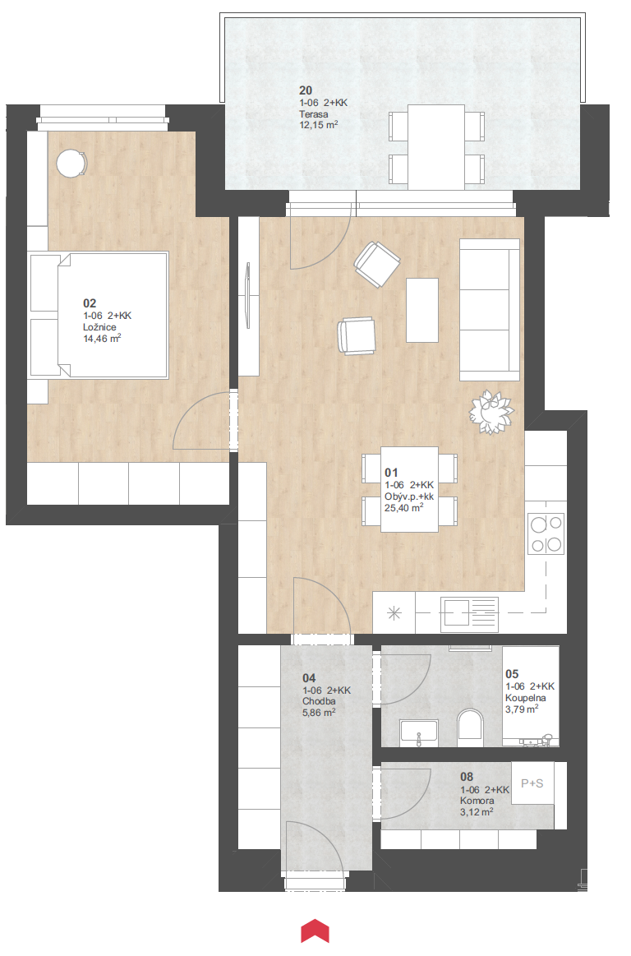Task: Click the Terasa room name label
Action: pos(313,114)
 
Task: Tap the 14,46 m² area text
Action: pos(102,338)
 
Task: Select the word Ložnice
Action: pos(99,327)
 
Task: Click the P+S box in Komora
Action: pos(532,783)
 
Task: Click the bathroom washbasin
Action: pos(419,732)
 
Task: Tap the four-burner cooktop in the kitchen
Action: pos(546,533)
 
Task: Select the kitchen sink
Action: pos(469,613)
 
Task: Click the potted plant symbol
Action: pos(491,412)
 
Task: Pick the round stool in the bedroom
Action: pos(71,164)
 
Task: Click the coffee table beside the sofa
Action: pos(421,310)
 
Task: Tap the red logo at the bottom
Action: pos(315,931)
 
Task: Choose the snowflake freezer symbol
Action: pos(394,613)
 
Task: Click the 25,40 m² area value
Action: pos(403,507)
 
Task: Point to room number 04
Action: pos(309,678)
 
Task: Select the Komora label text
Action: pos(477,801)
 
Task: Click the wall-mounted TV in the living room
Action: pos(247,295)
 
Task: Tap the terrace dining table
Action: pos(436,147)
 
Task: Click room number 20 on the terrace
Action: pos(306,90)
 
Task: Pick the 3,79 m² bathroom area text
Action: pos(521,709)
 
